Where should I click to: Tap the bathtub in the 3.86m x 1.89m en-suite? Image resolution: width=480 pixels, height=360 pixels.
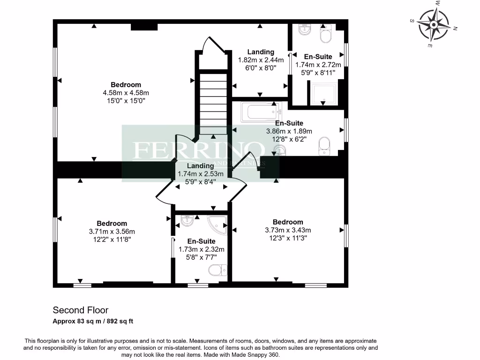pyautogui.click(x=258, y=112)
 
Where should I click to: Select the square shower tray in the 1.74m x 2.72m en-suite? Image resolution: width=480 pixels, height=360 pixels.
pyautogui.click(x=323, y=93)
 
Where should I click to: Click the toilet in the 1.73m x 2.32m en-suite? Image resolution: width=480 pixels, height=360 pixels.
pyautogui.click(x=218, y=270)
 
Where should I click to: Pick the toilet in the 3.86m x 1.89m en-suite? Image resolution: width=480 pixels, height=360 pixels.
pyautogui.click(x=324, y=145)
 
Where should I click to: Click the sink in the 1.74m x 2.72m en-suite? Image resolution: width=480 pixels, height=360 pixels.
pyautogui.click(x=304, y=29)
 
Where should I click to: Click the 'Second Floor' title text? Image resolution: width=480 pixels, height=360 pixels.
pyautogui.click(x=80, y=310)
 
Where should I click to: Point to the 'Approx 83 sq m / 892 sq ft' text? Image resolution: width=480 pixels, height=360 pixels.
pyautogui.click(x=93, y=321)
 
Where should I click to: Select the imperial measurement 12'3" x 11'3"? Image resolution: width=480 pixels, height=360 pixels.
pyautogui.click(x=288, y=238)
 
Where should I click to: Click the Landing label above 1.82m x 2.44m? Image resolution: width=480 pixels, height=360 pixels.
pyautogui.click(x=261, y=52)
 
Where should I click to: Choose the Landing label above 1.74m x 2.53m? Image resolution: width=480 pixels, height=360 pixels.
pyautogui.click(x=201, y=166)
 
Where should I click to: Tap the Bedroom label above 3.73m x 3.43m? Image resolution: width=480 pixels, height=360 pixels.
pyautogui.click(x=288, y=222)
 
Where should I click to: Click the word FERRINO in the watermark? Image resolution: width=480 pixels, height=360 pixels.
pyautogui.click(x=197, y=150)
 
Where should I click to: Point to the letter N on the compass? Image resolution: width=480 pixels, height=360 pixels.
pyautogui.click(x=455, y=29)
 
